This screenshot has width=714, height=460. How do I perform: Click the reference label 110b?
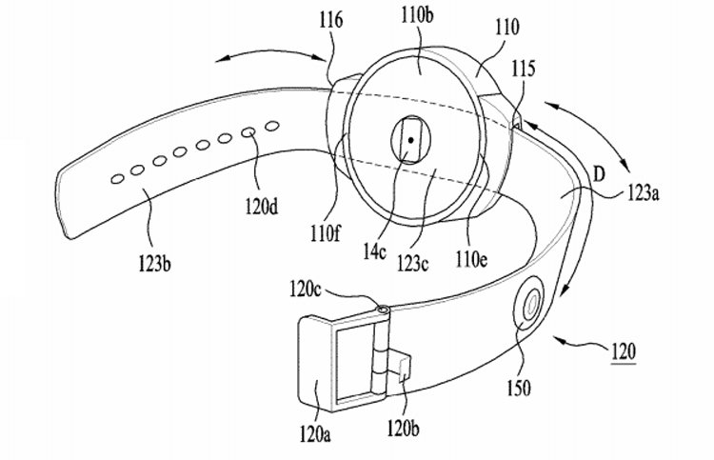417,16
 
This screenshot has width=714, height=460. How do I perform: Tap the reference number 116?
331,21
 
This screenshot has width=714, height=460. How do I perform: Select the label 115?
524,69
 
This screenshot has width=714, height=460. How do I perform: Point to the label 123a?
644,192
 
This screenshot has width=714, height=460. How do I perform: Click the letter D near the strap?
599,175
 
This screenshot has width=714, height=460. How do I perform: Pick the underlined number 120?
623,351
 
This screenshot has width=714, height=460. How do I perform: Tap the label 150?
519,388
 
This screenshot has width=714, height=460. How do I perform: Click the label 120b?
404,429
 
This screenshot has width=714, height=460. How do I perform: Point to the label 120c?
305,290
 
